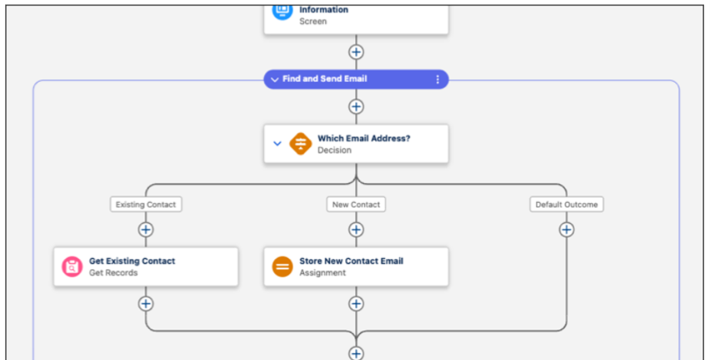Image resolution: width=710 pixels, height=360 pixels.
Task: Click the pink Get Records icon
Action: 72,266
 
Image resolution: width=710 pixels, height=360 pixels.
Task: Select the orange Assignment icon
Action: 282,266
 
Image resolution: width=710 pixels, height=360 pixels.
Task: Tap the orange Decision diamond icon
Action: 301,144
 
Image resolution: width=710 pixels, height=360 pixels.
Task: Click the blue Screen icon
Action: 282,10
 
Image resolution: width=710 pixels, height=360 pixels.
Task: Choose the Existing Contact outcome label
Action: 146,205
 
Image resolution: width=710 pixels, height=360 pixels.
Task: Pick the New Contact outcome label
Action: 356,205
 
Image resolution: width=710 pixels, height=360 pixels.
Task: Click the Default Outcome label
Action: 566,205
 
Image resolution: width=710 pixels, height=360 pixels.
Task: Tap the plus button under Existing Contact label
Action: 146,230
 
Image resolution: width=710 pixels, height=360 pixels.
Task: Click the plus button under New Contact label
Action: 356,230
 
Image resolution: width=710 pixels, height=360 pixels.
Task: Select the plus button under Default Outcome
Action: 566,230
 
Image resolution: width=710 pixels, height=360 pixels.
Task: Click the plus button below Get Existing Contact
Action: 146,303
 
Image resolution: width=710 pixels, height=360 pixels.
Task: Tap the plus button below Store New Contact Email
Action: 356,303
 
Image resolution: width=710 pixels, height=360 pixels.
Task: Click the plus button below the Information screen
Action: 356,52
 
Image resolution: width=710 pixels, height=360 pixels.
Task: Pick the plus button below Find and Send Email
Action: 356,106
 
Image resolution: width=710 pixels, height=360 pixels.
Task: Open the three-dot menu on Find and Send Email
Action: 438,79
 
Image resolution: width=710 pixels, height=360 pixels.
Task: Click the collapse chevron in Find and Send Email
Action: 275,79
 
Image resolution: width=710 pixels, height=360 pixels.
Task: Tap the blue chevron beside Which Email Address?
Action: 277,144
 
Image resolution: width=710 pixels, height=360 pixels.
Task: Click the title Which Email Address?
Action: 363,138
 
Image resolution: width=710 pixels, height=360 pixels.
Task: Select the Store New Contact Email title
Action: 351,261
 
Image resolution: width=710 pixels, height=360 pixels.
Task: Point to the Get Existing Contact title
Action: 132,261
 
